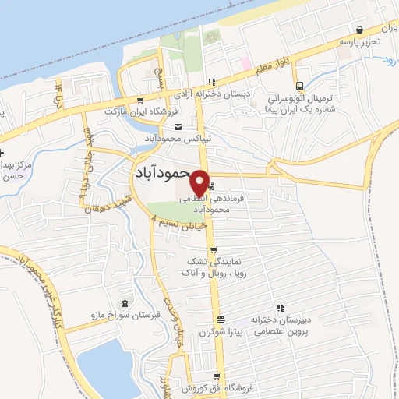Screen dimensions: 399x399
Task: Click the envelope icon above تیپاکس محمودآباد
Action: point(178,127)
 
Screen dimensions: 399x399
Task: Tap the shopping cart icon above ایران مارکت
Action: point(140,100)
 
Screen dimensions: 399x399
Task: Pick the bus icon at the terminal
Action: point(299,87)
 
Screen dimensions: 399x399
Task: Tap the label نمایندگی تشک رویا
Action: point(214,268)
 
